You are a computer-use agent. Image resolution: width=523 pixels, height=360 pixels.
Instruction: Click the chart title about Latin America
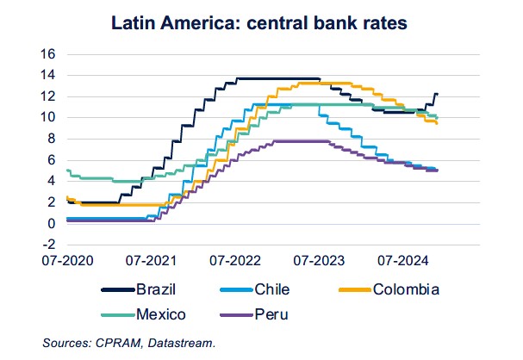coord(262,22)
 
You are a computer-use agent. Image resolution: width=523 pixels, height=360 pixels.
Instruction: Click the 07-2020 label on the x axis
coord(68,258)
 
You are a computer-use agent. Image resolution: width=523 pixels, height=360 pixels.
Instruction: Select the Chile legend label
coord(271,289)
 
